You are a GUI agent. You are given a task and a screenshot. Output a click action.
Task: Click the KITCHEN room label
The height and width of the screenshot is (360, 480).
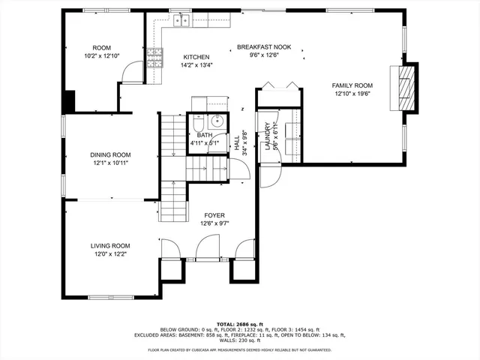(196, 57)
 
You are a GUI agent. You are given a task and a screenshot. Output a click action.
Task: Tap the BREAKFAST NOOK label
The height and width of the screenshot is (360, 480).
(257, 46)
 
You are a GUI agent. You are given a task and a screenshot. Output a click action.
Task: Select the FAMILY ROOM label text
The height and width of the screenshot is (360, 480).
(352, 85)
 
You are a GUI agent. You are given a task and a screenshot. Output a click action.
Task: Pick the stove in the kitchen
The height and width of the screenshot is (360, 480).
(155, 58)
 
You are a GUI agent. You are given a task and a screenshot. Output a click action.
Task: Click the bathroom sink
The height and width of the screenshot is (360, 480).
(217, 121)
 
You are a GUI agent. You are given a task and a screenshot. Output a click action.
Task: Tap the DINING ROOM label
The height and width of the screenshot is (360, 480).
(111, 154)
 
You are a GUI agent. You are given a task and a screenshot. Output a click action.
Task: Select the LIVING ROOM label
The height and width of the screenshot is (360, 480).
(110, 245)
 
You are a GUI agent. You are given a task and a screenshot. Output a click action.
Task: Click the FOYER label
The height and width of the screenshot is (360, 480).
(214, 215)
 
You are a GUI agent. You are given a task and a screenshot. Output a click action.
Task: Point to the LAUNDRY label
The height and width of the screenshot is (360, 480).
(268, 136)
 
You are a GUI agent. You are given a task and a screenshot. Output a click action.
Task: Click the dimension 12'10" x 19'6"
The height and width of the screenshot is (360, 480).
(352, 94)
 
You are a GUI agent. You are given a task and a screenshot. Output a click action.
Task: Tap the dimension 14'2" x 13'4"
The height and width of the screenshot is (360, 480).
(196, 65)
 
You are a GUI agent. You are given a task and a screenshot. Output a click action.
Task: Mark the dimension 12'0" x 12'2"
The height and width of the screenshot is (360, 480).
(110, 253)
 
